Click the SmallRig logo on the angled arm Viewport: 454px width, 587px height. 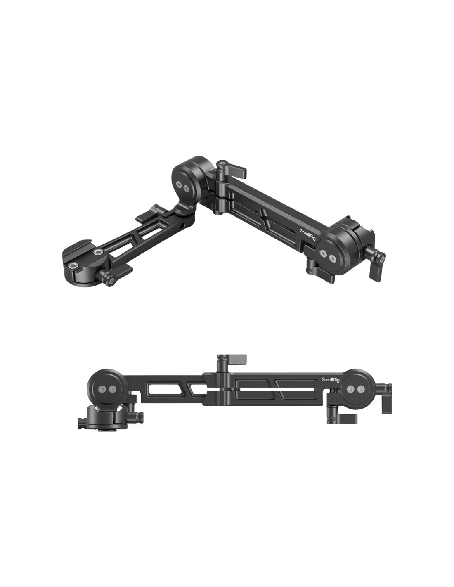point(308,234)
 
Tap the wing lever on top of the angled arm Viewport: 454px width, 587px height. point(232,170)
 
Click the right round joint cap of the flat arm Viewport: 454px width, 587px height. point(356,390)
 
